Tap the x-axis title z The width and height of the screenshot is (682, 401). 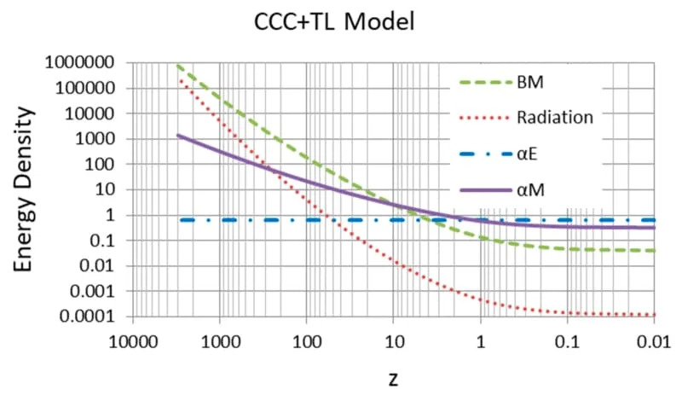394,376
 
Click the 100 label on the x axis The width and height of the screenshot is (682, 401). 307,340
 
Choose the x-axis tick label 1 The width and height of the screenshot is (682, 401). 481,340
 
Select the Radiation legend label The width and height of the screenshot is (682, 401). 555,119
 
